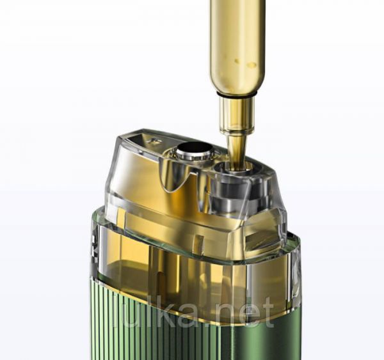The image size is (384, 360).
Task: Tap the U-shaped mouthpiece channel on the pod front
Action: [173, 179]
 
